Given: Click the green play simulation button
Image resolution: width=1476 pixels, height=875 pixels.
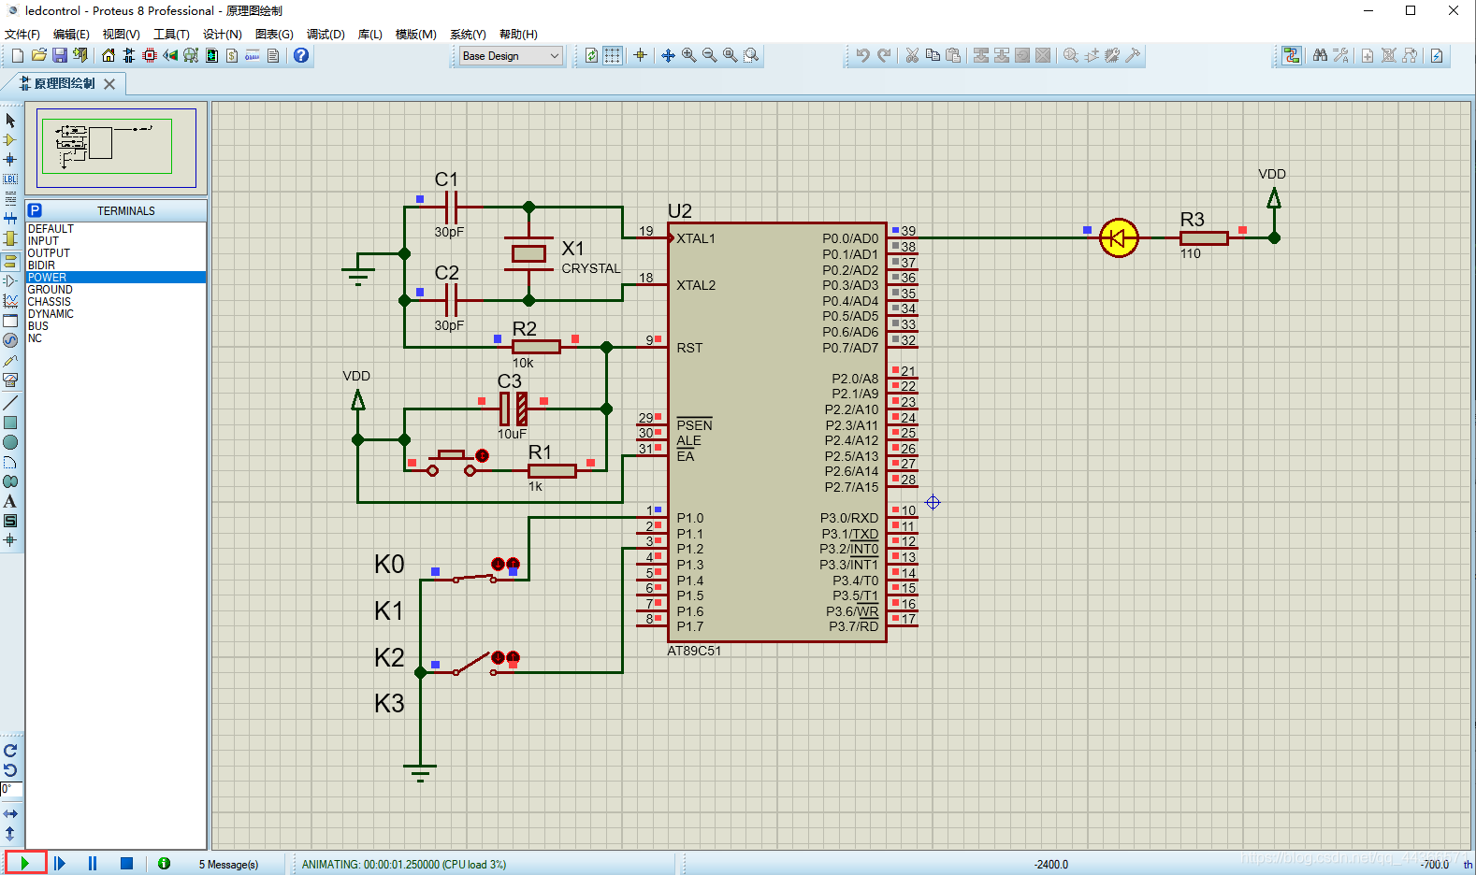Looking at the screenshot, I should (25, 863).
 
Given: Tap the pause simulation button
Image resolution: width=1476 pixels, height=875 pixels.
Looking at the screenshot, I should (93, 863).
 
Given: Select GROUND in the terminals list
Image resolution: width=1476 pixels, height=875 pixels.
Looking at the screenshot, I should (50, 290).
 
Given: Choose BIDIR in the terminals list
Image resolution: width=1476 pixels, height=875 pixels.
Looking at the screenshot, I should (41, 265).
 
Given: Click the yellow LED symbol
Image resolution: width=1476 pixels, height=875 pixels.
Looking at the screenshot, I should (1119, 238).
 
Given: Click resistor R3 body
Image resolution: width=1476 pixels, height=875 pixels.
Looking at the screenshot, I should (1204, 238).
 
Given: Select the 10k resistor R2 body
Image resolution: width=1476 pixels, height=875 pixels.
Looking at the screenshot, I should (536, 347).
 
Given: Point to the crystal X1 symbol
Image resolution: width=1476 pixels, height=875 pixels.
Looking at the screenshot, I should (528, 253).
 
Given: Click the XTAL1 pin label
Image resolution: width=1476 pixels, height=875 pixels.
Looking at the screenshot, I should (696, 238).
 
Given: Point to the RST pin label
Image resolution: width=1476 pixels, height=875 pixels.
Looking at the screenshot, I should (689, 348).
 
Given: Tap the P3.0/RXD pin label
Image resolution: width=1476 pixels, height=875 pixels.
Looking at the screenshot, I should (849, 518).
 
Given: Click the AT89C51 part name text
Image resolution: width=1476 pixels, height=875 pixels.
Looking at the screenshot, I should (694, 651).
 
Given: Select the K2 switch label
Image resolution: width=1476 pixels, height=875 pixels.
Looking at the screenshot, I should (389, 657).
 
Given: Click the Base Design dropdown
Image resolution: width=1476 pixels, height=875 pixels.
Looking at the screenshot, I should (511, 56).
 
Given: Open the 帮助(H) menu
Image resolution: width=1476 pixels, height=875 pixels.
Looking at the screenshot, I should (518, 35).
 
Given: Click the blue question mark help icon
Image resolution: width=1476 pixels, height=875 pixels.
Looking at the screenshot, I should (301, 56).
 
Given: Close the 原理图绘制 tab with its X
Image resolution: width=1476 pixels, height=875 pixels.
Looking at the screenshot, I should (109, 84).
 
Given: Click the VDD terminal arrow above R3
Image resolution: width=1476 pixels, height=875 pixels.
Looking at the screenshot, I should (1273, 198).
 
